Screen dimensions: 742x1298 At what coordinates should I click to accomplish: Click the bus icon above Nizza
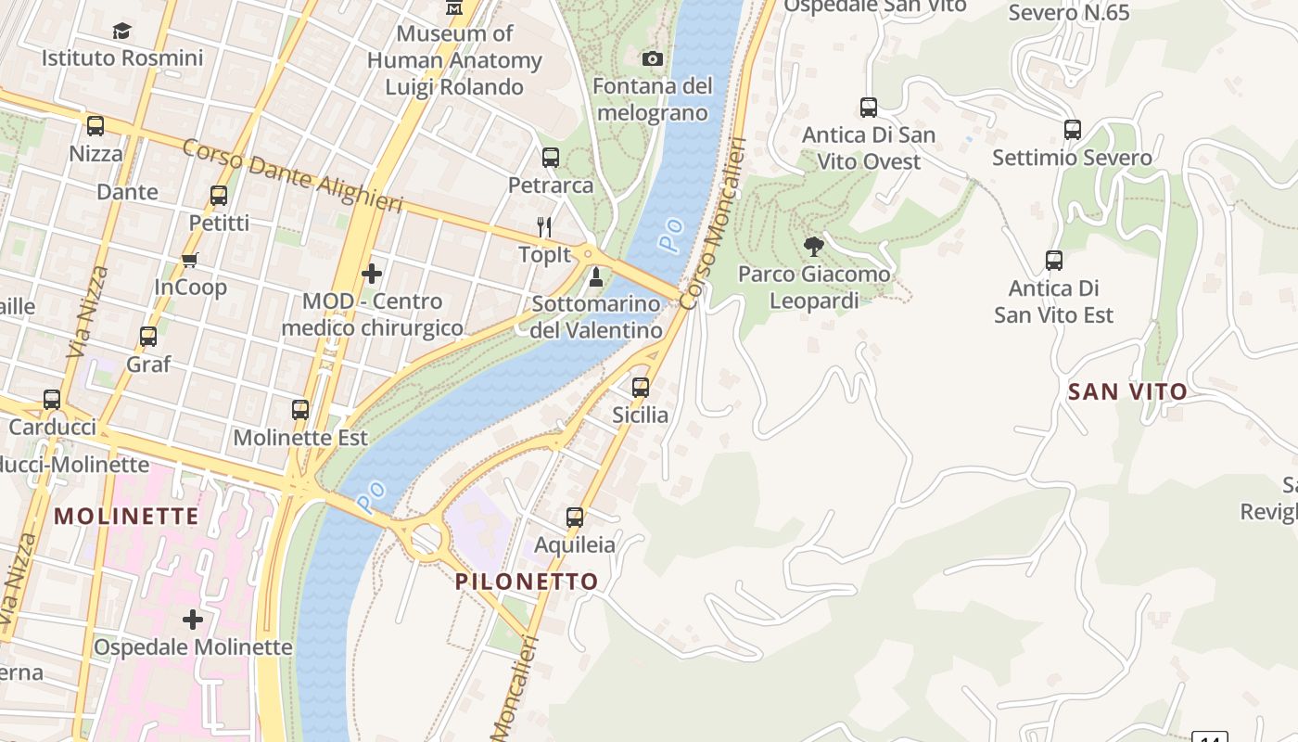point(95,126)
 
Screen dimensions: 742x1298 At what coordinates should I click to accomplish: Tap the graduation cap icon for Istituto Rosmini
point(121,32)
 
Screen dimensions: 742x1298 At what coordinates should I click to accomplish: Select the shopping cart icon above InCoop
point(190,260)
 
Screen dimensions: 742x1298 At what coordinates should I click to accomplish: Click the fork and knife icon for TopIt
point(545,226)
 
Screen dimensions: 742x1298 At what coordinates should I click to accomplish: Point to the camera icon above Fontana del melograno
point(653,59)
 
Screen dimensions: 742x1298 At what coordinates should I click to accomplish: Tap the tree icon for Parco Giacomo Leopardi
point(814,247)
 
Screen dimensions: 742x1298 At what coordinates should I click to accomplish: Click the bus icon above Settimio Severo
point(1073,130)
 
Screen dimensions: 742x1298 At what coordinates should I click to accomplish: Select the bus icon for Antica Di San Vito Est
point(1054,261)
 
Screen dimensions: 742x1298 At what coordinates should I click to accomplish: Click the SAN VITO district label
point(1127,391)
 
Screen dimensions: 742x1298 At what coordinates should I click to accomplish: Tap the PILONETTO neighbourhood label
point(527,582)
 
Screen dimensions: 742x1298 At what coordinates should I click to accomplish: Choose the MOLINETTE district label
point(127,516)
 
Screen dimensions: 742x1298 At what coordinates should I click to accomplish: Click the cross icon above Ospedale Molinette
point(193,619)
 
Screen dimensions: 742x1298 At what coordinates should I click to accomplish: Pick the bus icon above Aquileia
point(575,518)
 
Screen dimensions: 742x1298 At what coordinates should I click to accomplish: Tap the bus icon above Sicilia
point(641,388)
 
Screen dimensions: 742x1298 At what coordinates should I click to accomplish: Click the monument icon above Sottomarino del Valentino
point(596,276)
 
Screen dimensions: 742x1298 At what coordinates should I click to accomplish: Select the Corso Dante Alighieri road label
point(292,175)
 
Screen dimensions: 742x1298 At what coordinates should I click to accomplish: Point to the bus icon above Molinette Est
point(300,410)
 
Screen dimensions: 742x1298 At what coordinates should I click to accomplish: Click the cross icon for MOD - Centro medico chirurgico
point(372,274)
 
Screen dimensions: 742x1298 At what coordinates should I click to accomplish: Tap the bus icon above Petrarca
point(551,158)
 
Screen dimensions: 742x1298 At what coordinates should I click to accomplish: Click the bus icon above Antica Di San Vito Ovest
point(869,108)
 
